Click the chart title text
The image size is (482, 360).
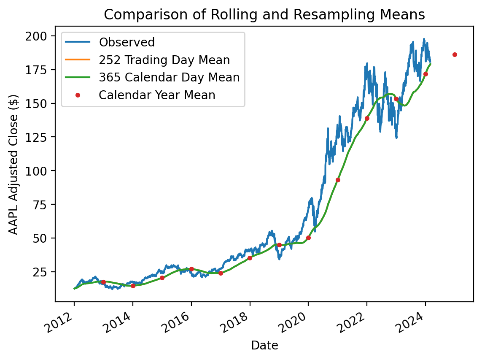pyautogui.click(x=264, y=15)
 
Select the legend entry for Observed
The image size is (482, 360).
pyautogui.click(x=127, y=42)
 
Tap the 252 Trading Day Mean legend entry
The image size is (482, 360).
pyautogui.click(x=164, y=60)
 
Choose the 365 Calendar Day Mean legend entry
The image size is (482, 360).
pyautogui.click(x=169, y=78)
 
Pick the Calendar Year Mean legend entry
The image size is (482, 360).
pyautogui.click(x=157, y=95)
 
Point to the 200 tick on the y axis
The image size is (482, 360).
pyautogui.click(x=41, y=36)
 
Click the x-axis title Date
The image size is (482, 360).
pyautogui.click(x=264, y=346)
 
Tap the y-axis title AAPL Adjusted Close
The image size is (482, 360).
pyautogui.click(x=14, y=164)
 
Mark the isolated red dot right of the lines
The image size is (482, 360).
pyautogui.click(x=455, y=54)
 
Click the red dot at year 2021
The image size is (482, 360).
pyautogui.click(x=338, y=180)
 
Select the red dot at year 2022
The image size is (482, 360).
pyautogui.click(x=367, y=118)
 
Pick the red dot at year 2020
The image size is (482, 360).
pyautogui.click(x=308, y=238)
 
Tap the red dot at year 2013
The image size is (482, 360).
pyautogui.click(x=103, y=282)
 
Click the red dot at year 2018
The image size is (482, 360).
pyautogui.click(x=250, y=258)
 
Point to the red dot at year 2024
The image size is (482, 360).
pyautogui.click(x=425, y=74)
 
